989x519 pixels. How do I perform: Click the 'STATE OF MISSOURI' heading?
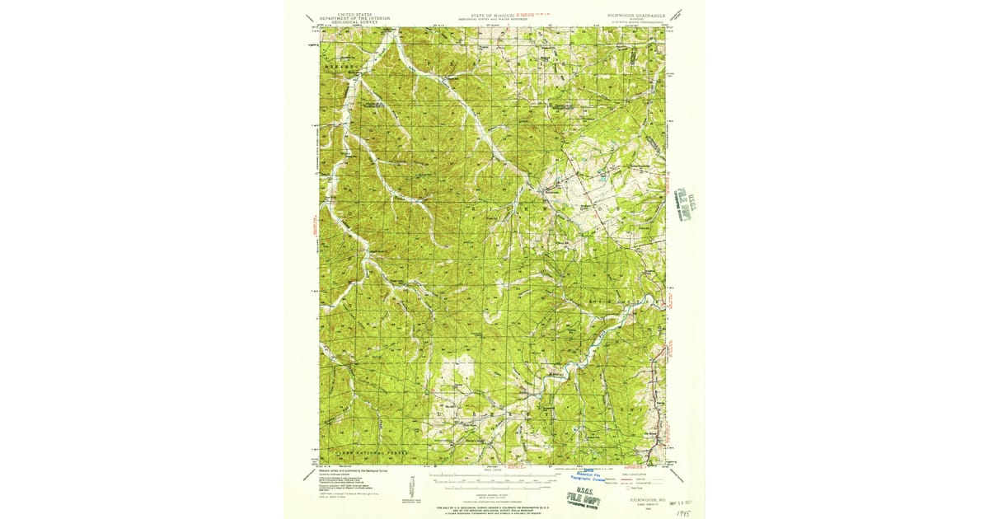492,15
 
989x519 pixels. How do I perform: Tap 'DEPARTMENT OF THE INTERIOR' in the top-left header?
356,18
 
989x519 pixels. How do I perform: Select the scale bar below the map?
492,478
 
